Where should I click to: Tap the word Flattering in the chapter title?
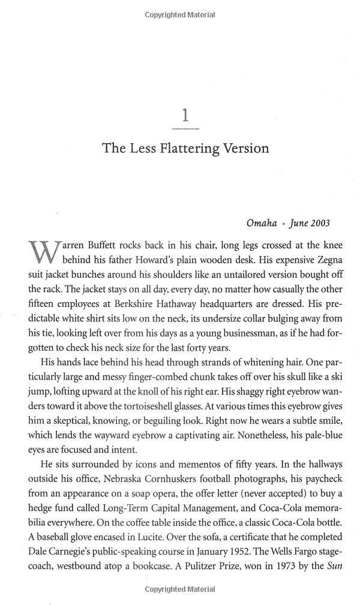click(187, 148)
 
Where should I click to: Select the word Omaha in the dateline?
click(262, 223)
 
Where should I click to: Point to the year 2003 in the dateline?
click(319, 223)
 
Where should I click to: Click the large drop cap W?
click(43, 252)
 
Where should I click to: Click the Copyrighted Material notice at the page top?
click(180, 15)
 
